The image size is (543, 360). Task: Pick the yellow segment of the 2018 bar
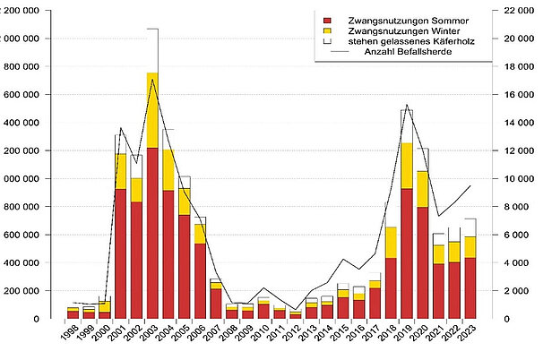[x=391, y=242]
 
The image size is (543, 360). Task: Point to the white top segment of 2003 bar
[x=152, y=50]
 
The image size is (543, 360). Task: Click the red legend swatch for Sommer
[x=328, y=20]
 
